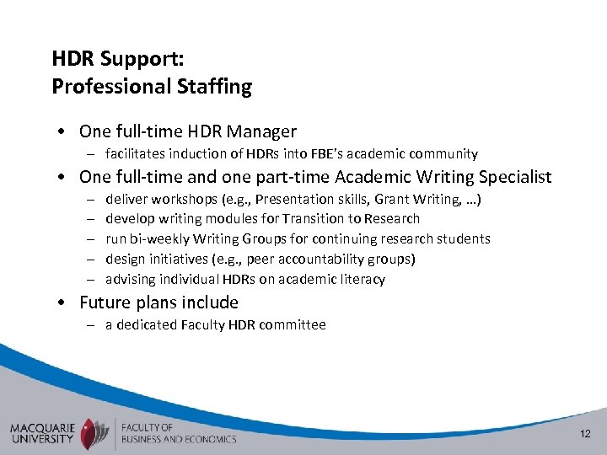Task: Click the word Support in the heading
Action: [134, 59]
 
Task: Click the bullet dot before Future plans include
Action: [64, 303]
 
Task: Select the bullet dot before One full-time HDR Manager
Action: [64, 132]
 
